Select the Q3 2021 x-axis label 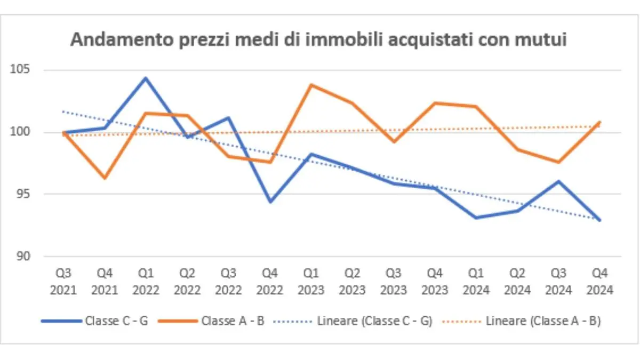tap(63, 282)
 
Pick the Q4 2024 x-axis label tap(600, 282)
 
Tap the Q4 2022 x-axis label tap(270, 282)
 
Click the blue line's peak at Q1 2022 tap(146, 78)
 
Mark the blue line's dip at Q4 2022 tap(270, 202)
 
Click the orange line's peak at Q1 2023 tap(311, 85)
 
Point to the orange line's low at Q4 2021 tap(105, 178)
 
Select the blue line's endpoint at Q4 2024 tap(600, 220)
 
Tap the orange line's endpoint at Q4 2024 tap(600, 123)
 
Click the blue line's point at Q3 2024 tap(558, 181)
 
